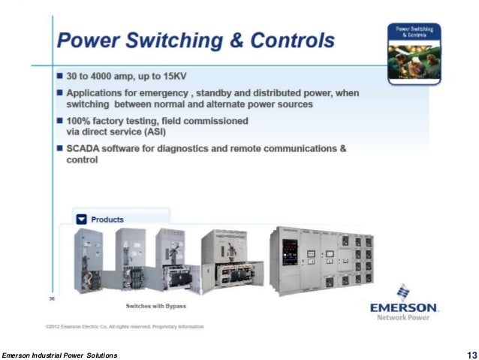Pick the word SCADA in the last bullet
pos(84,149)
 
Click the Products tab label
pos(107,219)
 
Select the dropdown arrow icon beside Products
pos(82,219)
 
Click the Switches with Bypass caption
pos(155,307)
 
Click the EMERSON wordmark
pos(404,307)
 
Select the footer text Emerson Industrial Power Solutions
pos(59,355)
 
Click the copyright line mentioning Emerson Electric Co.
pos(124,326)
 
